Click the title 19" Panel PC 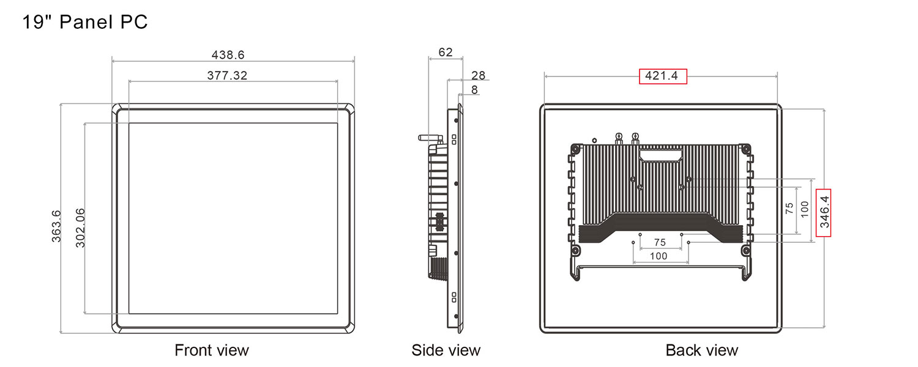coord(85,21)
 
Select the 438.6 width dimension coord(228,55)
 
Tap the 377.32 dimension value coord(227,75)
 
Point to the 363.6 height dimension coord(56,226)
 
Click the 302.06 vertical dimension coord(80,228)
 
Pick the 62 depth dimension coord(446,53)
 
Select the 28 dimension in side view coord(478,75)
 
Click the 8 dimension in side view coord(474,90)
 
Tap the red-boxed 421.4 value coord(663,76)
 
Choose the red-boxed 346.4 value coord(824,212)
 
